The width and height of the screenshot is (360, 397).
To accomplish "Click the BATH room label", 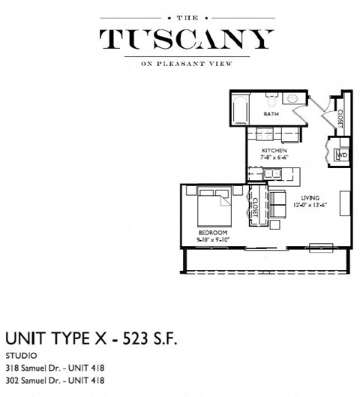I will [271, 114].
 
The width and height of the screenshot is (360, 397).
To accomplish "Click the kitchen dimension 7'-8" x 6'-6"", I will [272, 158].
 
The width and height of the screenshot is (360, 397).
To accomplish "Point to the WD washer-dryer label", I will [341, 155].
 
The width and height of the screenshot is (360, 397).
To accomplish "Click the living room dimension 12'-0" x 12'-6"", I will [310, 205].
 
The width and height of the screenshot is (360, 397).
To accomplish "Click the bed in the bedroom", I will [214, 206].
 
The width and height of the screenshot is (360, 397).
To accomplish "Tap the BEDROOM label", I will [212, 233].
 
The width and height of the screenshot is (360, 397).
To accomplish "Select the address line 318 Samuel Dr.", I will [55, 368].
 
